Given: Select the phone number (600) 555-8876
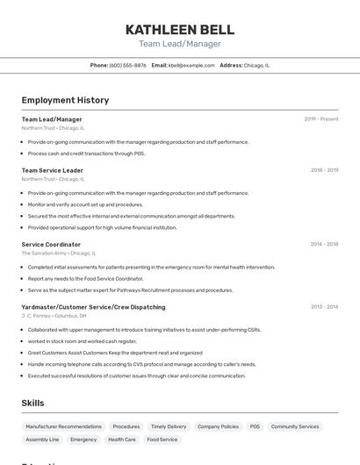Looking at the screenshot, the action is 128,65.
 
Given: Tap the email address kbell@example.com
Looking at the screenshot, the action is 191,65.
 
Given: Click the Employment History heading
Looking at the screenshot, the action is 65,100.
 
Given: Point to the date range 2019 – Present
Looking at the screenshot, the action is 321,119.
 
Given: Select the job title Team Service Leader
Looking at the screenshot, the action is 53,170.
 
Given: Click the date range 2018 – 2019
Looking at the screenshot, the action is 324,170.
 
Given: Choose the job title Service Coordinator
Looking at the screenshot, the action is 51,245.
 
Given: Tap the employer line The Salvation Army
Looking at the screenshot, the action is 58,253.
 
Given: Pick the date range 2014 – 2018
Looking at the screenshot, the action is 324,245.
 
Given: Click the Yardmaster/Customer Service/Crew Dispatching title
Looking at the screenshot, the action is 93,307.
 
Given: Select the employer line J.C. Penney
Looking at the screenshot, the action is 54,315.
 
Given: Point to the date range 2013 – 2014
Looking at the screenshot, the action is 324,307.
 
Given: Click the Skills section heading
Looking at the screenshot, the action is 33,403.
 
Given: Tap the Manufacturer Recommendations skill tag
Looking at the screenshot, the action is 63,426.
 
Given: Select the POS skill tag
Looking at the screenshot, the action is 255,426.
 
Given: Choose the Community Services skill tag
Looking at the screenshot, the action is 295,426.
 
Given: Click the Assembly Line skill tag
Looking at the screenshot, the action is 42,440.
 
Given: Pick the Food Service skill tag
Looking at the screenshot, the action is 162,440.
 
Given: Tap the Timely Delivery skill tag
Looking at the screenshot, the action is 169,426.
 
